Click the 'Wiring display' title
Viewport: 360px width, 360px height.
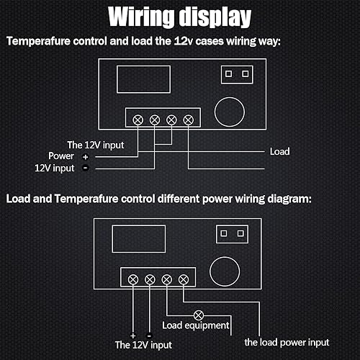pos(179,17)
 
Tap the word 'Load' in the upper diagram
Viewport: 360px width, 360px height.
pos(279,152)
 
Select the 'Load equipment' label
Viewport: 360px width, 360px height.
pos(197,325)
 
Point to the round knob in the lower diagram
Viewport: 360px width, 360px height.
pos(225,273)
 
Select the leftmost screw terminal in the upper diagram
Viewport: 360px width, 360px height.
pos(137,119)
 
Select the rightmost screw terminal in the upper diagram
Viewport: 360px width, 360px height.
pos(189,119)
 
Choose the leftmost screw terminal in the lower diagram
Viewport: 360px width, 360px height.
pos(132,279)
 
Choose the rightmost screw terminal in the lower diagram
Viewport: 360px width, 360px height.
pos(184,279)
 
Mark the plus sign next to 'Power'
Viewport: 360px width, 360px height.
pos(85,156)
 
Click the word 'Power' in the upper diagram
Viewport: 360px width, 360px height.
pos(61,156)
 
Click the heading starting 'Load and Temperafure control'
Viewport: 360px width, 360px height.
pos(159,198)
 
